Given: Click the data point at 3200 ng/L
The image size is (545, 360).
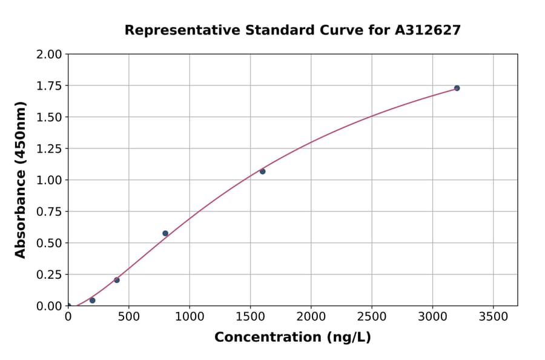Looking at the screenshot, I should click(457, 88).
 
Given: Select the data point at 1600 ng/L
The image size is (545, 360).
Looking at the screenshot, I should click(262, 172).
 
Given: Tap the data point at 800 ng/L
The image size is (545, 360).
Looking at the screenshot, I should click(165, 233).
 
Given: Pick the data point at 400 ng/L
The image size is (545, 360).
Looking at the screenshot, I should click(117, 280).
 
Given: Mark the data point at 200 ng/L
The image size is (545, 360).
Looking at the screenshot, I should click(92, 300).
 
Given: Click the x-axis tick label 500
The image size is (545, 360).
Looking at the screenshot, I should click(128, 317).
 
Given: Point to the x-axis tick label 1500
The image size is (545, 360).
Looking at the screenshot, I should click(250, 317).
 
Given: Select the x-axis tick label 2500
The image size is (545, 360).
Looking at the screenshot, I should click(372, 317).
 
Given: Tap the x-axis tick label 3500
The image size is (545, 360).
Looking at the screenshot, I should click(493, 317).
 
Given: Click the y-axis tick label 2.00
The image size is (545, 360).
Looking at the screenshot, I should click(50, 54).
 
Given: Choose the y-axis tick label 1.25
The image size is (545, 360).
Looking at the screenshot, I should click(50, 148).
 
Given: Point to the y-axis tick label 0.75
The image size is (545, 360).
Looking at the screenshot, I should click(50, 212).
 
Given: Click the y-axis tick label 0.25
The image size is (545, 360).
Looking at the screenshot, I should click(50, 275).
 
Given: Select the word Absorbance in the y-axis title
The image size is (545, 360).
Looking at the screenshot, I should click(21, 214).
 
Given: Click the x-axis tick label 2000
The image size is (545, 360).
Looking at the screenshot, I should click(311, 317).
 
